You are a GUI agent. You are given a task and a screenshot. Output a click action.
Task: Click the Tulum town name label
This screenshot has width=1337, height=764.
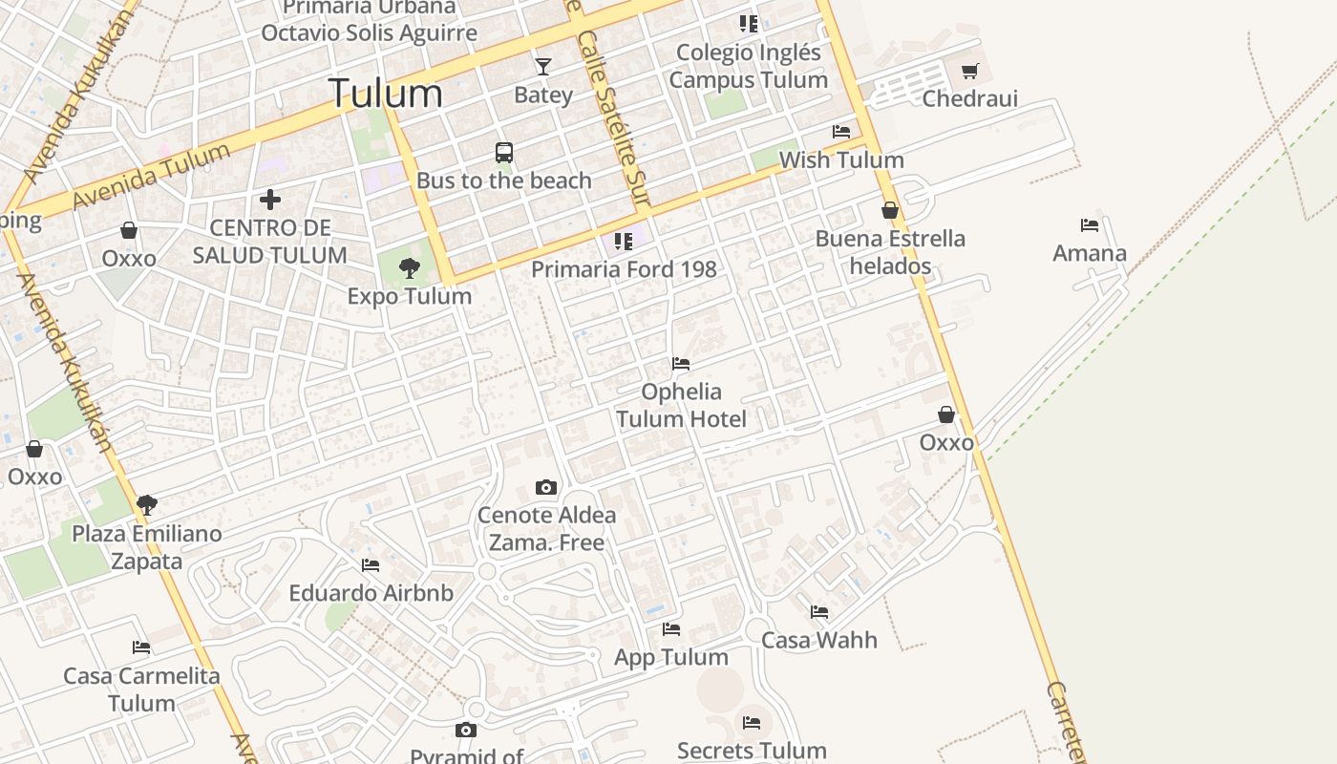[x=385, y=94]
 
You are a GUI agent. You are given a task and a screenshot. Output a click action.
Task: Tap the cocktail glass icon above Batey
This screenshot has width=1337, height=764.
[x=543, y=66]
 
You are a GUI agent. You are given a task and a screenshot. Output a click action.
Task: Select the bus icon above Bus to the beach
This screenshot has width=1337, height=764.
[x=504, y=152]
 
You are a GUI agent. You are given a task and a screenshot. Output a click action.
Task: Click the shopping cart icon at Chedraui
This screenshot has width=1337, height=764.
[x=970, y=71]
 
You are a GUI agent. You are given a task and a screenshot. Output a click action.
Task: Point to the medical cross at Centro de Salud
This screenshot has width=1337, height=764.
[x=270, y=200]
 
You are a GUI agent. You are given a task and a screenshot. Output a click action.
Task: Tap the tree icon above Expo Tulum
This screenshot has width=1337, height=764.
[x=410, y=268]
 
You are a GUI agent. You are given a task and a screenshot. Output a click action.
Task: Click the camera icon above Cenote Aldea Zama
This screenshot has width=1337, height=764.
[x=546, y=487]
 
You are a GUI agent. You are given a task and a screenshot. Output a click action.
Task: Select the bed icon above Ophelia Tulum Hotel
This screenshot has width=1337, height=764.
[x=681, y=364]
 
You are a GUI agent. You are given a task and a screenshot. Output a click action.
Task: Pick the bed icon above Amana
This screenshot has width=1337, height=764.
[x=1090, y=225]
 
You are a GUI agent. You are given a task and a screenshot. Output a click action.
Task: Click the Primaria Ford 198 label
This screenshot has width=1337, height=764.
[x=624, y=269]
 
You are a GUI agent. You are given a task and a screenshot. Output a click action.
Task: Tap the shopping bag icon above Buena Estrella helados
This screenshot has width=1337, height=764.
[x=890, y=210]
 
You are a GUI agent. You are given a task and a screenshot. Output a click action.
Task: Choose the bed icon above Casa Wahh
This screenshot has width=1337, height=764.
[x=819, y=612]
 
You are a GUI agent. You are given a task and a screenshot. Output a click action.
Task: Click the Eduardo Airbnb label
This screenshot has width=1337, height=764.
[x=371, y=593]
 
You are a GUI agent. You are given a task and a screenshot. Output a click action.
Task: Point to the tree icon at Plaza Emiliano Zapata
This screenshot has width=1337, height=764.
[x=146, y=504]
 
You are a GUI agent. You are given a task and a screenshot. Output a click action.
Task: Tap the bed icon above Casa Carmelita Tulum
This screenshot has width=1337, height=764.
[x=141, y=647]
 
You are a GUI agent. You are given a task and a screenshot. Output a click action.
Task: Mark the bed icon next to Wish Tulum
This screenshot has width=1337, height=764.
[x=841, y=132]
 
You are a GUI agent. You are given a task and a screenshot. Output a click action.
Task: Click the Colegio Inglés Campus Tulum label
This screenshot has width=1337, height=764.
[x=748, y=66]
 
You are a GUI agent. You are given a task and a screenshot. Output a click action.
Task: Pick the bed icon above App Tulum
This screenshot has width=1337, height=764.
[x=671, y=629]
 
